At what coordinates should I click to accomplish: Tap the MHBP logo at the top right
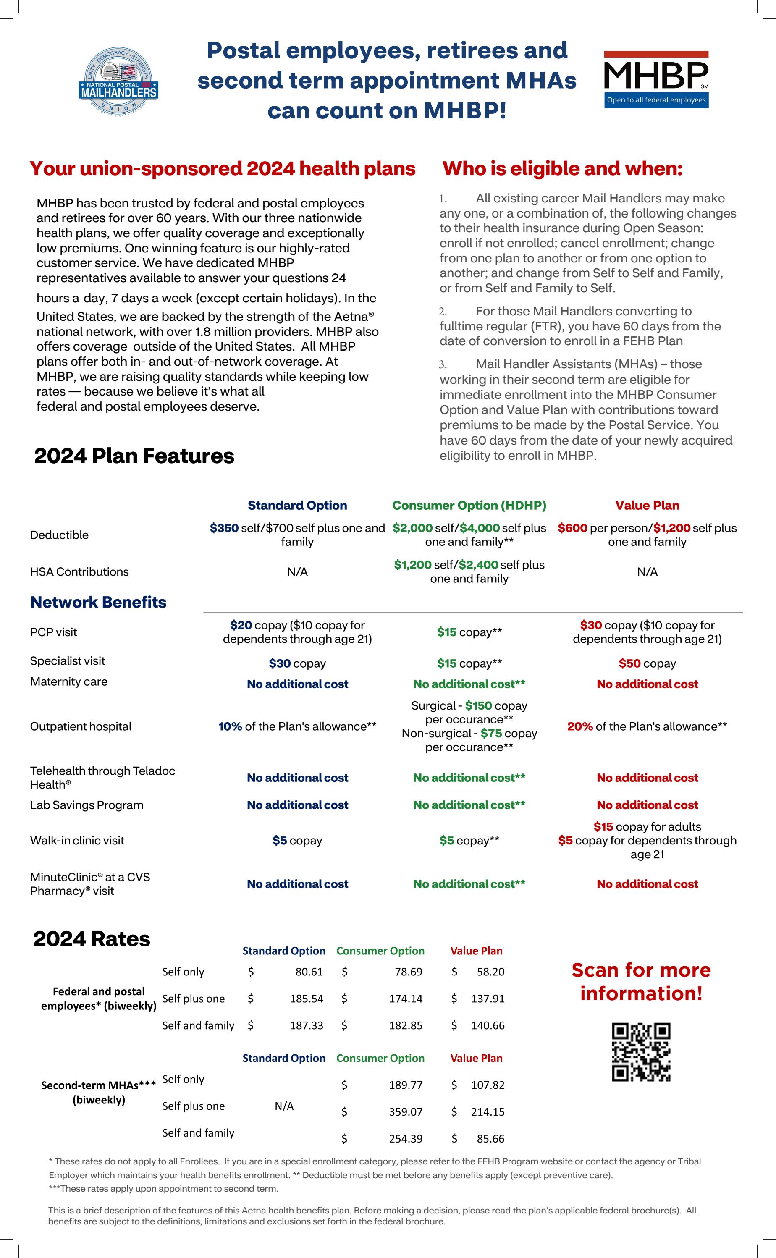pyautogui.click(x=656, y=79)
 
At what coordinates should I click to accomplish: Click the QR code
pyautogui.click(x=641, y=1052)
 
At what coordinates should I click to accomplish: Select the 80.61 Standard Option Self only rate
pyautogui.click(x=309, y=972)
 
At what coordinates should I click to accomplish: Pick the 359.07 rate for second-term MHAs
pyautogui.click(x=406, y=1112)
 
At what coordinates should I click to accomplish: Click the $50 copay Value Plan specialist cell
pyautogui.click(x=647, y=663)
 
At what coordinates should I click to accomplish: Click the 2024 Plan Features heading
pyautogui.click(x=134, y=456)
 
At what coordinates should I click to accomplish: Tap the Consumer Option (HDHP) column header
pyautogui.click(x=469, y=506)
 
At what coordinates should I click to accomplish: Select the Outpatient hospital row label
pyautogui.click(x=81, y=726)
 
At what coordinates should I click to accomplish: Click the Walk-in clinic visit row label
pyautogui.click(x=77, y=840)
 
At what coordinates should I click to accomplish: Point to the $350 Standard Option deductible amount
pyautogui.click(x=224, y=528)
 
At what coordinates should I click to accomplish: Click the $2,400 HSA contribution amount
pyautogui.click(x=478, y=565)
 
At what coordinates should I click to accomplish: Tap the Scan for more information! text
pyautogui.click(x=641, y=981)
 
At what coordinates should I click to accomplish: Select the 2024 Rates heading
pyautogui.click(x=92, y=939)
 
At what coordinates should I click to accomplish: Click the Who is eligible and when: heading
pyautogui.click(x=563, y=168)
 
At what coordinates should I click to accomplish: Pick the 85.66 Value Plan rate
pyautogui.click(x=490, y=1138)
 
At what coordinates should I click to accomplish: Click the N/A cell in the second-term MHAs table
pyautogui.click(x=284, y=1106)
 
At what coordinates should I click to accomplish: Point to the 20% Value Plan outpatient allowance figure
pyautogui.click(x=580, y=726)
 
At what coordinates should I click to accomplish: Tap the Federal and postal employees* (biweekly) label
pyautogui.click(x=99, y=999)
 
